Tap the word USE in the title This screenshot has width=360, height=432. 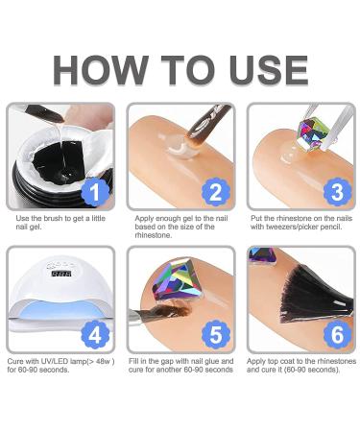pos(269,70)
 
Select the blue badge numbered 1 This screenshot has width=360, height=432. pos(95,192)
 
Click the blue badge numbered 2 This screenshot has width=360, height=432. pos(216,192)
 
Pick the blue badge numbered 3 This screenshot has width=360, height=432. pos(337,192)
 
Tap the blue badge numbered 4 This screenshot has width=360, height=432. pos(95,335)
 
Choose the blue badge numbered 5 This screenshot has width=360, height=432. pos(216,335)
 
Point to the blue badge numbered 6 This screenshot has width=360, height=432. pos(337,335)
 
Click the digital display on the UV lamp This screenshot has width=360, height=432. pos(61,274)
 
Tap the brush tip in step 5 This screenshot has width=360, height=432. pos(176,311)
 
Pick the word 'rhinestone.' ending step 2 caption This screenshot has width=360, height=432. pos(154,235)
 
